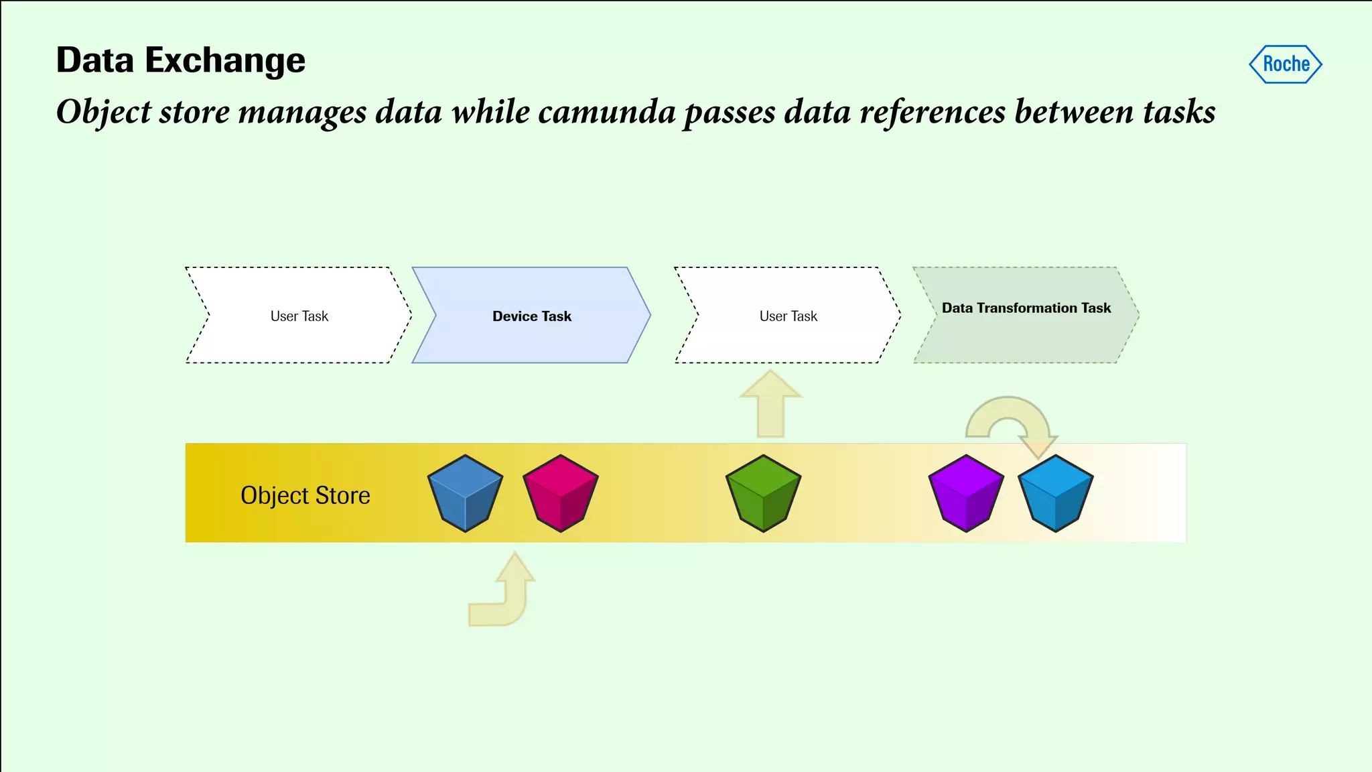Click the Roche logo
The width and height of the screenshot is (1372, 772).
coord(1285,64)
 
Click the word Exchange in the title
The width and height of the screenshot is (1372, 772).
coord(225,60)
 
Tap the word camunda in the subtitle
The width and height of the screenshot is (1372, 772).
coord(606,111)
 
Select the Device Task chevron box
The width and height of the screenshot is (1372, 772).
coord(531,316)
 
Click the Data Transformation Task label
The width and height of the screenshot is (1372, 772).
coord(1026,308)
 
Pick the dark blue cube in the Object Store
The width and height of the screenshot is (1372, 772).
coord(465,493)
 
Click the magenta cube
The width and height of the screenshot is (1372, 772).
coord(560,493)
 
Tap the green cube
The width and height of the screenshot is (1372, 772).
coord(763,493)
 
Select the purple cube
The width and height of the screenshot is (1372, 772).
coord(966,493)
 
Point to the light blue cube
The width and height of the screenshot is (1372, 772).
coord(1055,493)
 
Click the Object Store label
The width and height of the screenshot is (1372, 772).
coord(305,495)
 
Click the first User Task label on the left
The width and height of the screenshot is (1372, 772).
coord(299,316)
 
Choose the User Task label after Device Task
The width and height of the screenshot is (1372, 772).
coord(788,316)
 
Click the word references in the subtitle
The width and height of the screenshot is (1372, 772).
coord(933,111)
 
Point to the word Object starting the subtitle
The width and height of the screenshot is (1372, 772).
coord(104,111)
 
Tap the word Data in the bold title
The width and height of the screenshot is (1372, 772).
coord(95,60)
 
